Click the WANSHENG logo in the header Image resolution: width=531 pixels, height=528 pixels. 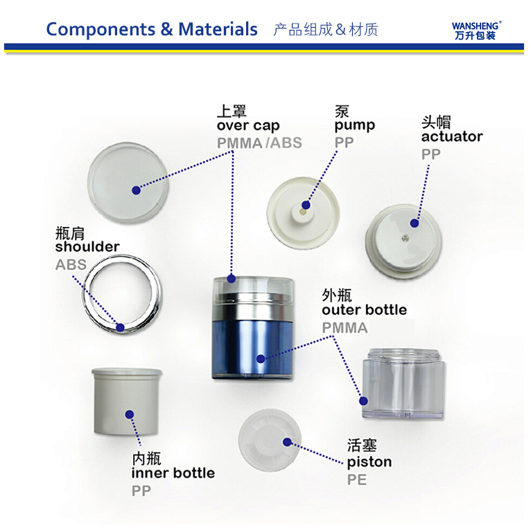476,31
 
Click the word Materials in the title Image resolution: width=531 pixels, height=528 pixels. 218,29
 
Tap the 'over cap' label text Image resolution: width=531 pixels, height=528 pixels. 248,126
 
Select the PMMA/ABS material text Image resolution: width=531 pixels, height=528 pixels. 259,143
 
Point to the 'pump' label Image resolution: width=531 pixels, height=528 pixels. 354,126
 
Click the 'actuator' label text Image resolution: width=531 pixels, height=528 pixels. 452,137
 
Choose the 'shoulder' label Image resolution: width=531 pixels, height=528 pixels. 87,246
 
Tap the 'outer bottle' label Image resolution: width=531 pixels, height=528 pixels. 365,309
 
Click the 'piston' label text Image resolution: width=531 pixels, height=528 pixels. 369,462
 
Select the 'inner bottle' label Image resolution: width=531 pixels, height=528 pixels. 173,473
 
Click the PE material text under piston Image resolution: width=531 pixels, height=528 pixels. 357,479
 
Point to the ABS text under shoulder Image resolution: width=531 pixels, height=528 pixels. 71,264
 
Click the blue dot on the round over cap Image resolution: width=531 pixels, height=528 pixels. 136,190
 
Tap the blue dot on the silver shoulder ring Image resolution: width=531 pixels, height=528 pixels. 120,327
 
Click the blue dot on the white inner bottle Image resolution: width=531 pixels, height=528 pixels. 130,414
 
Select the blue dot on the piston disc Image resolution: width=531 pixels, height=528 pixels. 287,442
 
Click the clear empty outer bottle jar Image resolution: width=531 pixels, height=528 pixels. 403,383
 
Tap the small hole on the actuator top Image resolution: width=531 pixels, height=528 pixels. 404,239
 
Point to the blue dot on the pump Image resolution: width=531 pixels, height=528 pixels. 306,205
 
